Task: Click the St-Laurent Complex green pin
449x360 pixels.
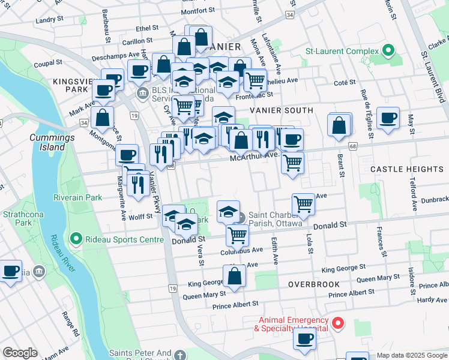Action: pyautogui.click(x=388, y=50)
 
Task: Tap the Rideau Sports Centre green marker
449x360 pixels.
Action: pyautogui.click(x=76, y=239)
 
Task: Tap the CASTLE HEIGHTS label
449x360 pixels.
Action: pyautogui.click(x=406, y=170)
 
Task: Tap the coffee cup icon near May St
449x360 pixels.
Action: pyautogui.click(x=388, y=118)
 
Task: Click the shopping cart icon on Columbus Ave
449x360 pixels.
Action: pyautogui.click(x=238, y=235)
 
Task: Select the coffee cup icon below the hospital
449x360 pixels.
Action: pyautogui.click(x=304, y=339)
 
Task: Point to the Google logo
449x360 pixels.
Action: pyautogui.click(x=20, y=353)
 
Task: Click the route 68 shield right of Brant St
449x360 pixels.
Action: pyautogui.click(x=352, y=146)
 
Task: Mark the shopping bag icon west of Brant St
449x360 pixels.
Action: pyautogui.click(x=339, y=125)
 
